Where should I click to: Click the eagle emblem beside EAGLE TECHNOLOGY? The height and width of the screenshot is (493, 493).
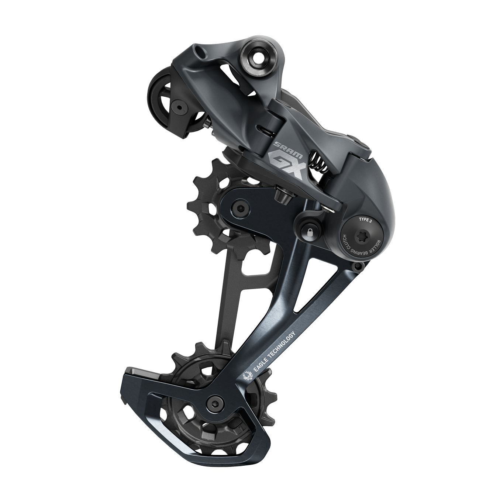(x=248, y=376)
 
